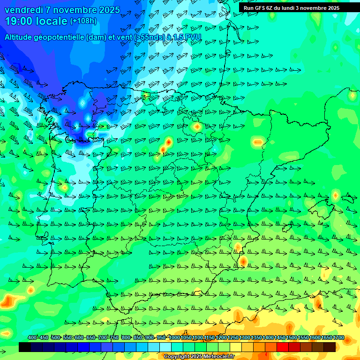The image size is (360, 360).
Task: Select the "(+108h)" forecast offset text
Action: (83, 21)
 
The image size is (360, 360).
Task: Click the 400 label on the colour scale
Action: (32, 338)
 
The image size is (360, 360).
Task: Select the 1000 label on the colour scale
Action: (174, 338)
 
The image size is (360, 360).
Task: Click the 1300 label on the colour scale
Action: (245, 338)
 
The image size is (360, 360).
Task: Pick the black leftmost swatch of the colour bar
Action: (25, 347)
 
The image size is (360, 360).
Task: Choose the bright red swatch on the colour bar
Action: (283, 347)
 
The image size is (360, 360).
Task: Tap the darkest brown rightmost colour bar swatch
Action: (330, 347)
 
